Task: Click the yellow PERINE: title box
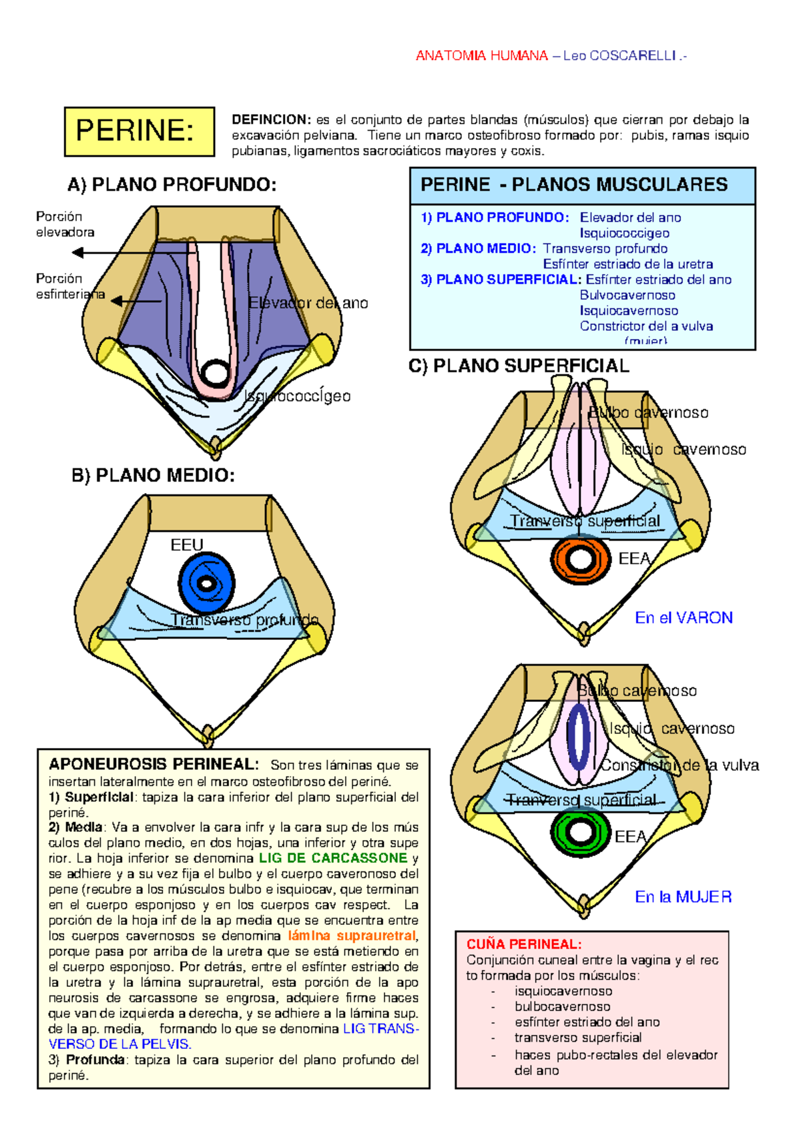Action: [x=139, y=131]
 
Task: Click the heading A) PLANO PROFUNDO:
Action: [x=172, y=185]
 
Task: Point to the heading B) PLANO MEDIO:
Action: [x=153, y=475]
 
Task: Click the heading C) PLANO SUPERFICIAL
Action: [x=519, y=366]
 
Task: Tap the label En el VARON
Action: [x=684, y=618]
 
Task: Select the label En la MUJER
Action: [x=683, y=897]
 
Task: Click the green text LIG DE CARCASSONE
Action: [x=333, y=858]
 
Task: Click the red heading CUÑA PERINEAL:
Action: [x=524, y=944]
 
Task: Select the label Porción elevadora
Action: [x=64, y=224]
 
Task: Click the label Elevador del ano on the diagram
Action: [x=308, y=303]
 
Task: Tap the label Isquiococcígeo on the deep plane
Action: [x=297, y=396]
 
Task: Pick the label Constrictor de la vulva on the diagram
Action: [x=680, y=765]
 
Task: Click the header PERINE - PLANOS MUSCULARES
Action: [x=574, y=185]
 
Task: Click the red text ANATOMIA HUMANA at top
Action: [x=481, y=56]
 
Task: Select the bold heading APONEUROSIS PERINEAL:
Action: [x=153, y=765]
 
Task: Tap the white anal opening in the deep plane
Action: [x=216, y=372]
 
